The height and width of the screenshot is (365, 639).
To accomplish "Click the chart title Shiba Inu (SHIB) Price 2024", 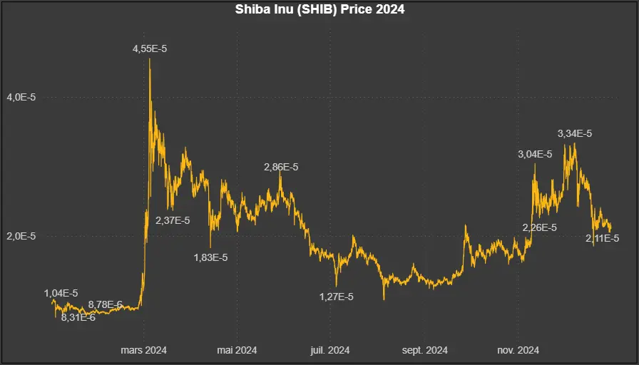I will (x=319, y=10).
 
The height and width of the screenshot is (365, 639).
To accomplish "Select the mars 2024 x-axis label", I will (x=143, y=350).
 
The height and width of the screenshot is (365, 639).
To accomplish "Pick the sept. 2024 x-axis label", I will (x=425, y=350).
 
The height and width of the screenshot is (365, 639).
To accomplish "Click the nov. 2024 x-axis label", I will (x=518, y=350).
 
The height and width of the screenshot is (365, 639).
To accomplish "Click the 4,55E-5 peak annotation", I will (x=150, y=48).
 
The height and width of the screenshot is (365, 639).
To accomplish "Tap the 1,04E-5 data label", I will (x=61, y=293).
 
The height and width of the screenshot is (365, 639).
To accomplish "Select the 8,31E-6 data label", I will (x=78, y=317).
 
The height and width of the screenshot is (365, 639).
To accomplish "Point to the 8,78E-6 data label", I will (x=106, y=305).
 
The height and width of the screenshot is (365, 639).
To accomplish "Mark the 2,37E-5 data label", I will (x=173, y=220).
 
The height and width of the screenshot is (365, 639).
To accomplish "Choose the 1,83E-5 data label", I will (x=210, y=257).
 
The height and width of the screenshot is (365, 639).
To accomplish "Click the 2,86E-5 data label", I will (x=281, y=167).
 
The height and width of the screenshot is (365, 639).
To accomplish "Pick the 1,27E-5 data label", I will (x=336, y=297).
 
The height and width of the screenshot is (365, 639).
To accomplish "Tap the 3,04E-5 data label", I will (x=535, y=154).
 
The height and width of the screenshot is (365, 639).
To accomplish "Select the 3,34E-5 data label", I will (x=575, y=133).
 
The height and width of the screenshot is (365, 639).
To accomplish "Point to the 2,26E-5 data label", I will (x=540, y=227).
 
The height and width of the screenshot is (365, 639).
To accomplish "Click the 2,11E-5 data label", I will (x=602, y=238).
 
